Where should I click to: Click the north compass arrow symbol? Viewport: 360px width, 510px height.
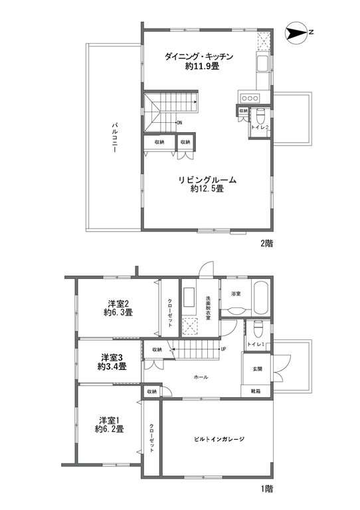pyautogui.click(x=297, y=32)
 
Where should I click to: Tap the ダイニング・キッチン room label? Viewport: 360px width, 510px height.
pyautogui.click(x=199, y=56)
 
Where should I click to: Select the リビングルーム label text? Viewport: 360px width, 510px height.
pyautogui.click(x=207, y=180)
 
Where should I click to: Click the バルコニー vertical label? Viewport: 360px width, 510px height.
pyautogui.click(x=114, y=137)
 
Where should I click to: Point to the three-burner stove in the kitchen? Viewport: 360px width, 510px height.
pyautogui.click(x=250, y=98)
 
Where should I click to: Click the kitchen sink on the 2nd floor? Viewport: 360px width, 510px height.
pyautogui.click(x=262, y=64)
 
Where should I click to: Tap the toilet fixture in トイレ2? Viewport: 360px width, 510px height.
pyautogui.click(x=260, y=115)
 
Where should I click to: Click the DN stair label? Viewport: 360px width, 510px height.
pyautogui.click(x=179, y=123)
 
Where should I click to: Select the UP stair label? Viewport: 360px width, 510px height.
pyautogui.click(x=223, y=349)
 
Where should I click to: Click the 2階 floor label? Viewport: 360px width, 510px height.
pyautogui.click(x=266, y=243)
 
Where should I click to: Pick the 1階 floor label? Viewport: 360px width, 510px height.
pyautogui.click(x=266, y=489)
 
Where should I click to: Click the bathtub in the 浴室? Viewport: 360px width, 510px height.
pyautogui.click(x=260, y=298)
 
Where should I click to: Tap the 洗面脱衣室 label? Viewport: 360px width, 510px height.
pyautogui.click(x=208, y=307)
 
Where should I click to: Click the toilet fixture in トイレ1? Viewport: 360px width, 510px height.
pyautogui.click(x=258, y=328)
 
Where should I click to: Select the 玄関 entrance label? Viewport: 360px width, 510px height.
pyautogui.click(x=258, y=369)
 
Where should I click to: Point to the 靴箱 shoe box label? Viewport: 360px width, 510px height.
pyautogui.click(x=256, y=391)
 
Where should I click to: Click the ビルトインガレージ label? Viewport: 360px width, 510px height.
pyautogui.click(x=219, y=439)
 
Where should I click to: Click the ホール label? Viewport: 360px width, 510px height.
pyautogui.click(x=201, y=377)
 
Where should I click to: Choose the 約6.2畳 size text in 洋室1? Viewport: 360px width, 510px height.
pyautogui.click(x=110, y=429)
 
